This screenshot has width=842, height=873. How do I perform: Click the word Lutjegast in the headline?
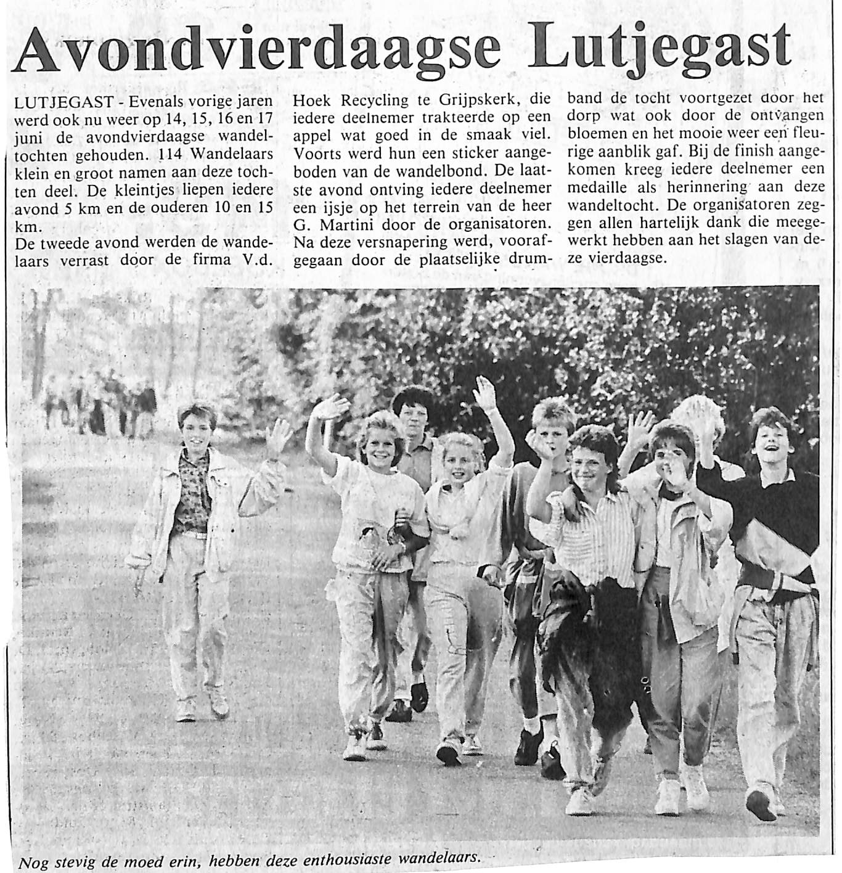tap(660, 47)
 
